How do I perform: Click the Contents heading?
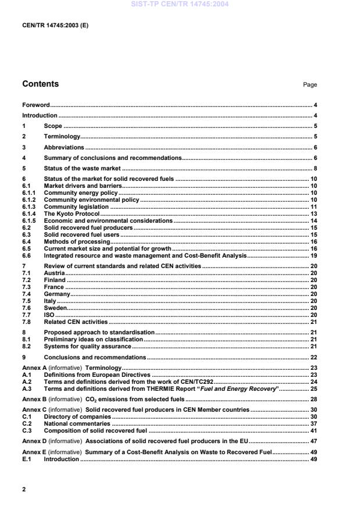[40, 84]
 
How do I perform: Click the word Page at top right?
[309, 85]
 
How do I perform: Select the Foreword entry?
[36, 105]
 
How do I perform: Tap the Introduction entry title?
[40, 116]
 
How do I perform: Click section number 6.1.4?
[29, 214]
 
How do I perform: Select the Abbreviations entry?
[64, 147]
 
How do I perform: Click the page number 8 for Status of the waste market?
[315, 169]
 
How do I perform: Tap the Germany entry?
[57, 294]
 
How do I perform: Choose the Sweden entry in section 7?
[55, 308]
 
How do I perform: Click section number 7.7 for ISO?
[26, 315]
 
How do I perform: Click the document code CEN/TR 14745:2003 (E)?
[55, 26]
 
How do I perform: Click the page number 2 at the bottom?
[24, 489]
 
